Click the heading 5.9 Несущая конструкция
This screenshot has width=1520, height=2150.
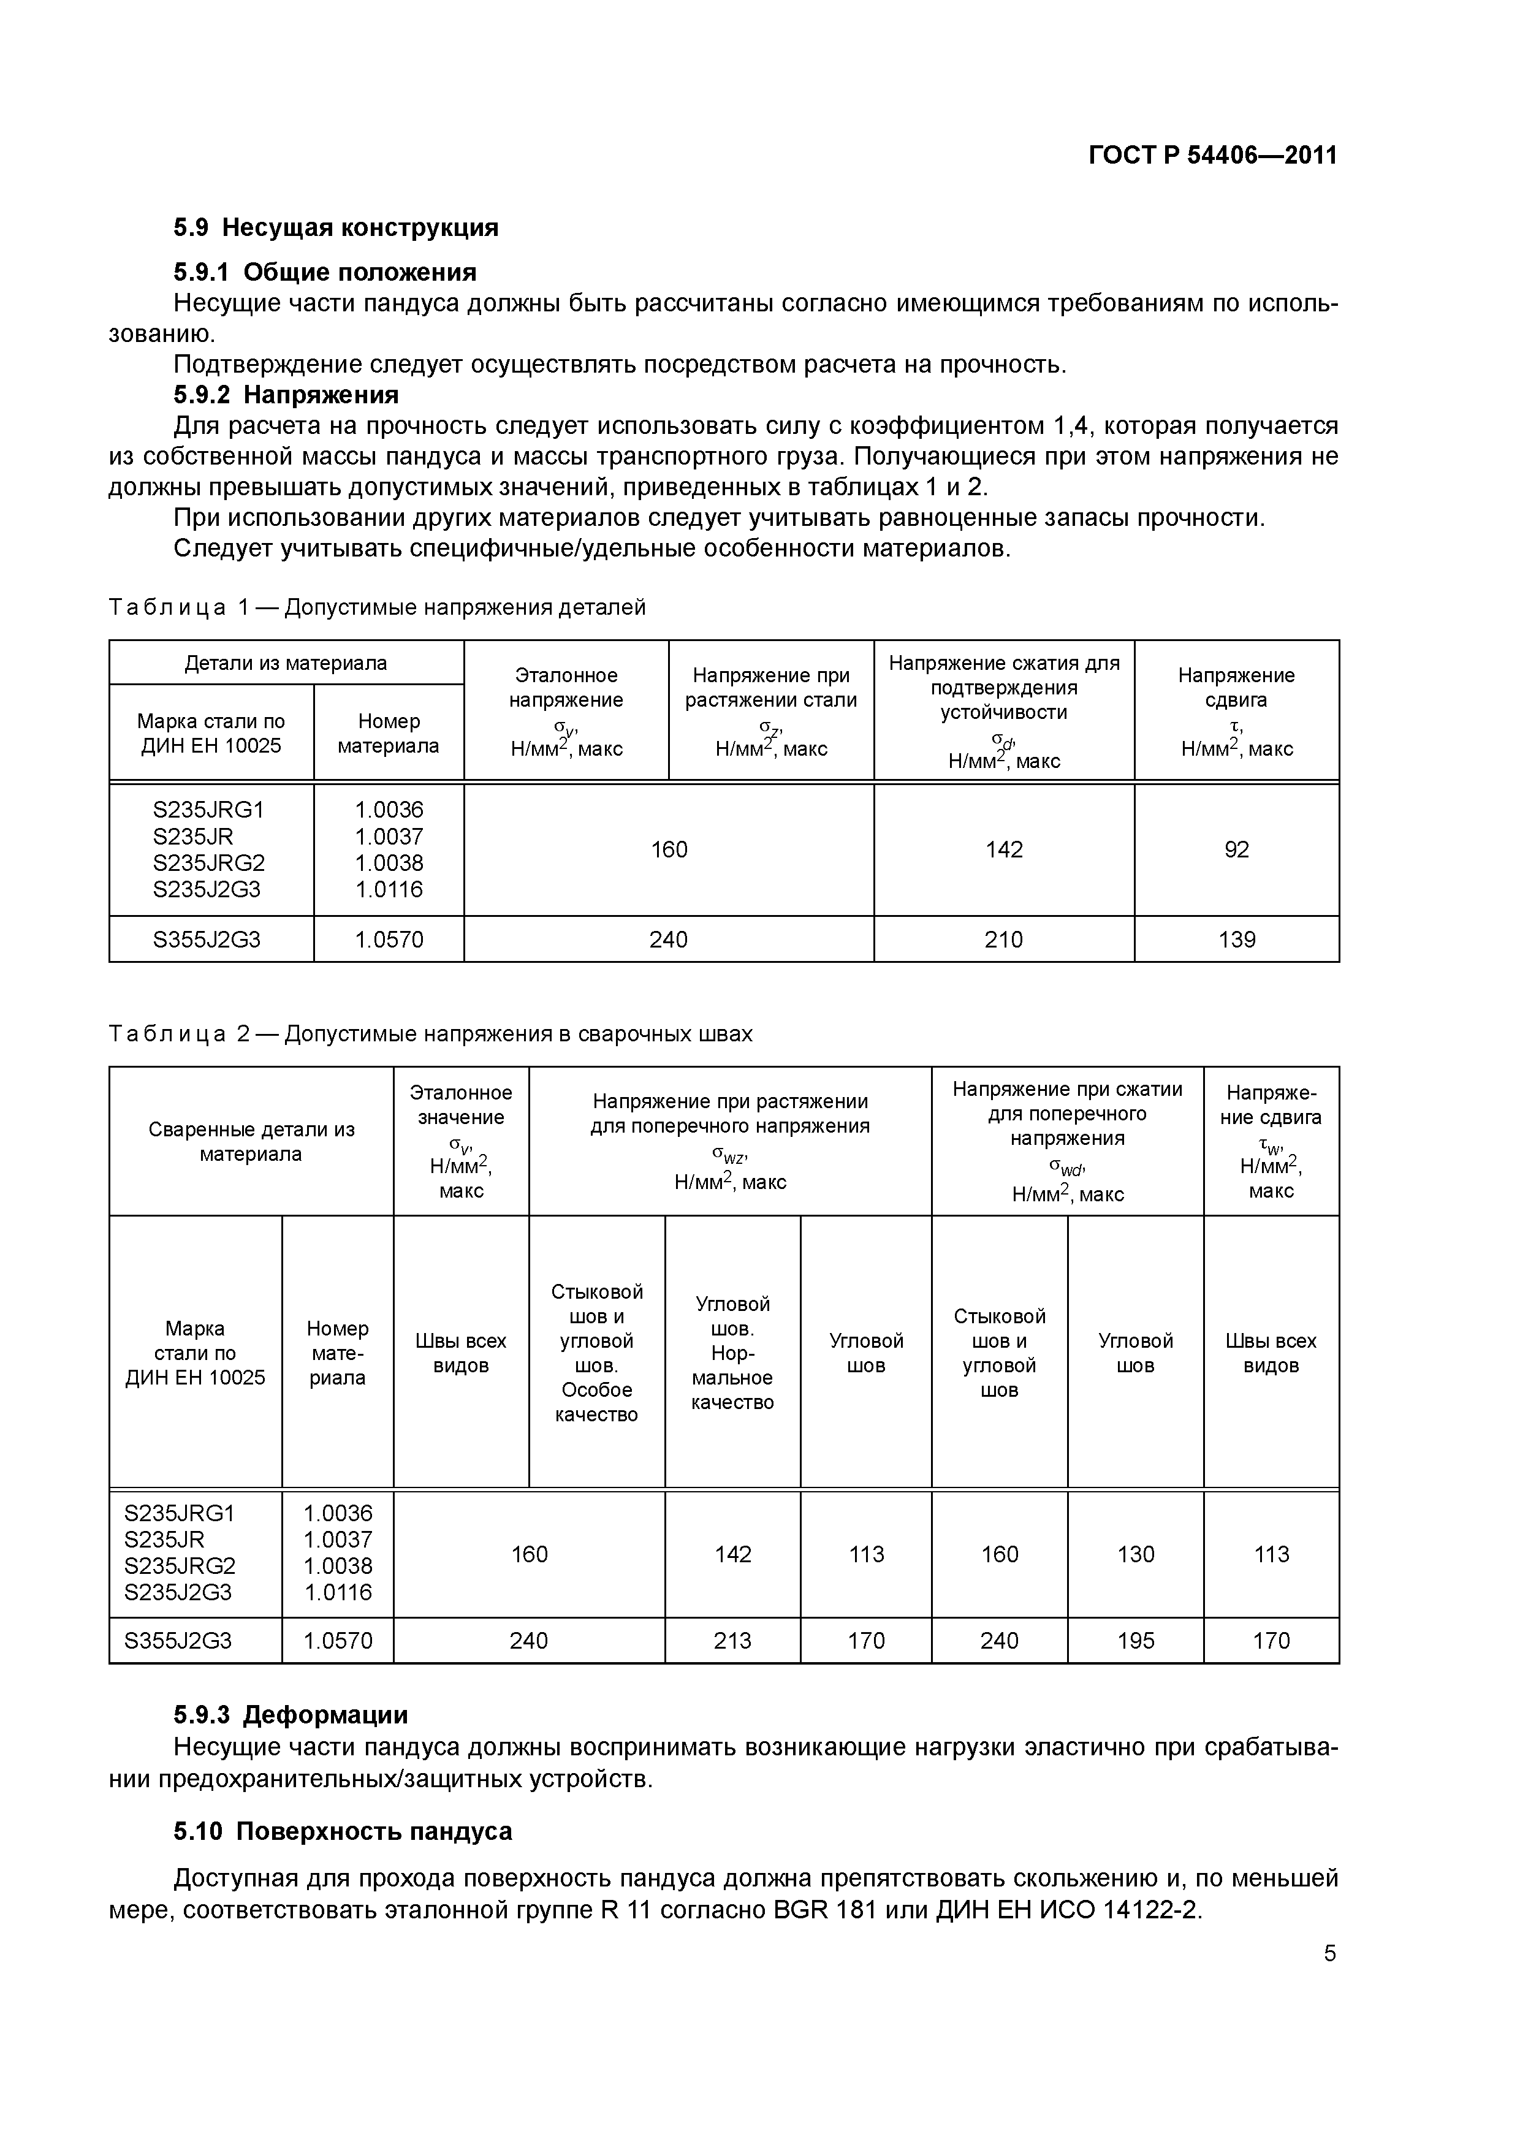[335, 227]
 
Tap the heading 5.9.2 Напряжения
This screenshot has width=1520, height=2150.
[286, 394]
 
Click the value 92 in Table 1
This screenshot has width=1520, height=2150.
[1236, 849]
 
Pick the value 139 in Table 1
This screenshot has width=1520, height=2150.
[1236, 939]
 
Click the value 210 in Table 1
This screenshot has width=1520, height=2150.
[1003, 939]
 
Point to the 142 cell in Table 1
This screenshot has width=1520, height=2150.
[1003, 849]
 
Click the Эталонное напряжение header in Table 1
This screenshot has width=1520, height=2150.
[566, 711]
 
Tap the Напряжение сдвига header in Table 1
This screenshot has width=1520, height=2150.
[1236, 711]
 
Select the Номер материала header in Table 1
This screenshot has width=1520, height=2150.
[388, 733]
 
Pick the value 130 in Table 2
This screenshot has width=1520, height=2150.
[1135, 1554]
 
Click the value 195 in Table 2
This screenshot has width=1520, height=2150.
[1135, 1641]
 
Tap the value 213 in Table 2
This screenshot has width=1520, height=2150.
[732, 1641]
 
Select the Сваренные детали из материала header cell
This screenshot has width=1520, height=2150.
[251, 1141]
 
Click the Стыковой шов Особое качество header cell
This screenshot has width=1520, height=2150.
[596, 1352]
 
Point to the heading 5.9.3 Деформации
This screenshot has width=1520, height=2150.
[291, 1715]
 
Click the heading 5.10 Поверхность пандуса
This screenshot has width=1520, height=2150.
[342, 1832]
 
